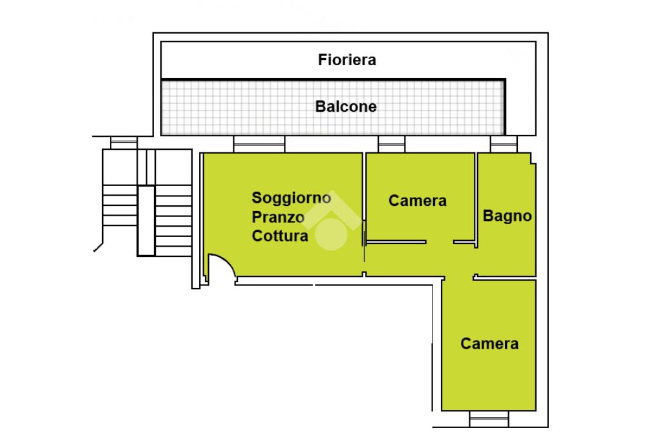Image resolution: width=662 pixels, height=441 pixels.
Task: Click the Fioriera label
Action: pyautogui.click(x=347, y=61)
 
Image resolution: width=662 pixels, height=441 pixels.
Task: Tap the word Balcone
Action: pyautogui.click(x=346, y=107)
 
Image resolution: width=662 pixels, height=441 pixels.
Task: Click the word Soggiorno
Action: pyautogui.click(x=292, y=198)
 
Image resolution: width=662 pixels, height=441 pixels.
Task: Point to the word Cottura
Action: pyautogui.click(x=280, y=236)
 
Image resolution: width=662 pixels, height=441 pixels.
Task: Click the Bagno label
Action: pyautogui.click(x=507, y=216)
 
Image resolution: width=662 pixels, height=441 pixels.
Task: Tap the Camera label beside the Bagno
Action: pyautogui.click(x=418, y=201)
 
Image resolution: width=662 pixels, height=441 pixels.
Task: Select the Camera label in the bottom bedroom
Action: pyautogui.click(x=489, y=344)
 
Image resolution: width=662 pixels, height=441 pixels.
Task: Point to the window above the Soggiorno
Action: pyautogui.click(x=259, y=144)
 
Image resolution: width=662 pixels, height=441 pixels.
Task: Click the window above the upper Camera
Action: pyautogui.click(x=391, y=144)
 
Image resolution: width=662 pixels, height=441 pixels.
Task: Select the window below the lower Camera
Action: pyautogui.click(x=489, y=419)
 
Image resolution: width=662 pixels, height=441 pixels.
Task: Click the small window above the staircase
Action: pyautogui.click(x=123, y=142)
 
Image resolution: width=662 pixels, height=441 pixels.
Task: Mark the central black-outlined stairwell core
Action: pyautogui.click(x=146, y=220)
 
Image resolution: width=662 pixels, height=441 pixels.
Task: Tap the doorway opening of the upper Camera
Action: pyautogui.click(x=440, y=242)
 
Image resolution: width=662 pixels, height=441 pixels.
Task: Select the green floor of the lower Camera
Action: pyautogui.click(x=489, y=374)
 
